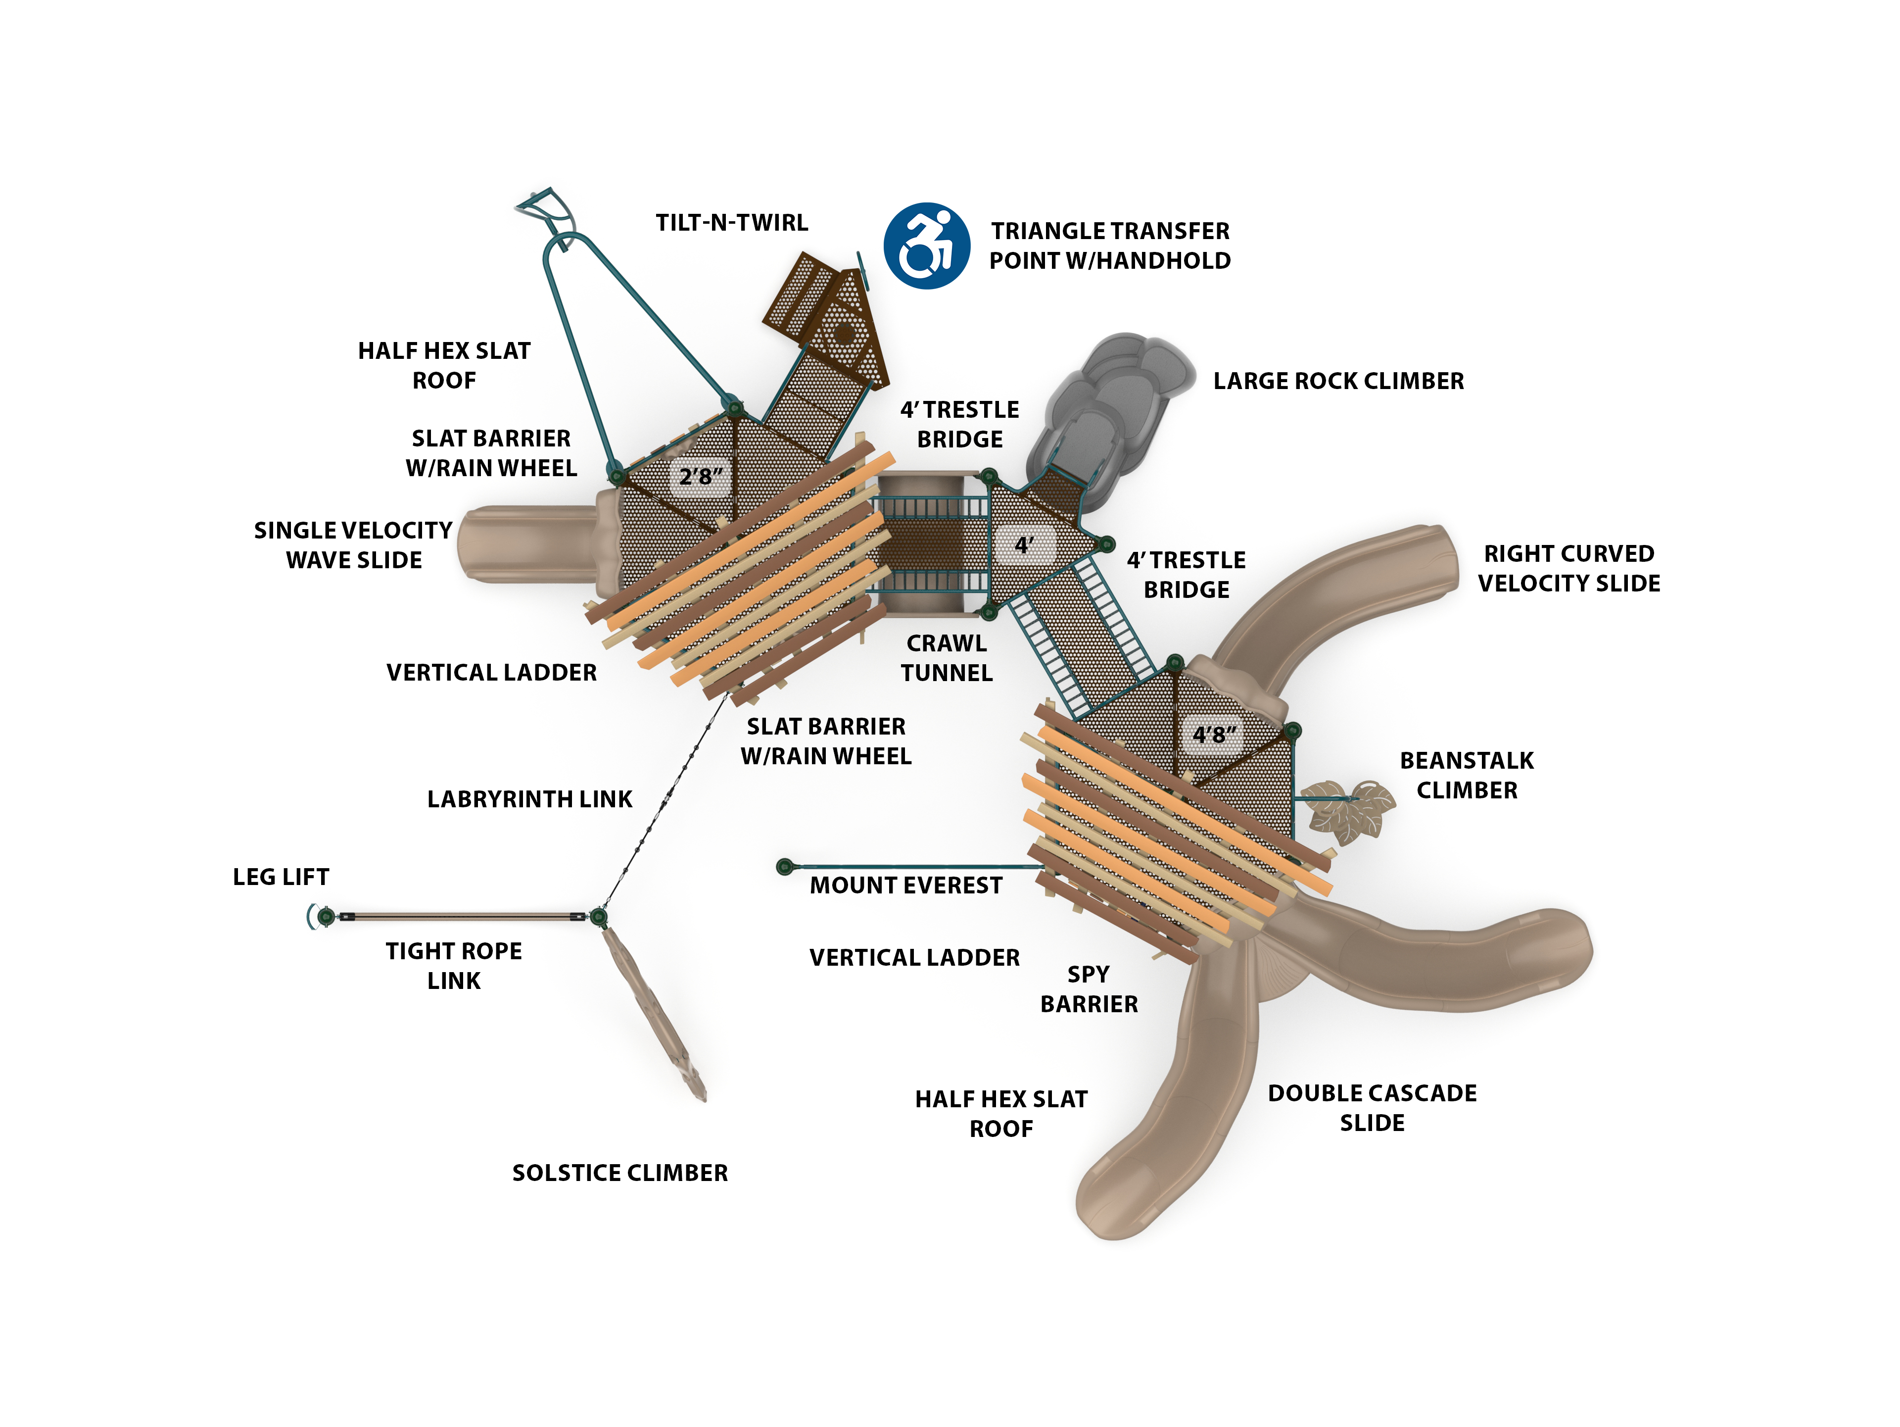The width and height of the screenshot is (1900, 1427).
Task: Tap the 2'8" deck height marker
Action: pyautogui.click(x=701, y=476)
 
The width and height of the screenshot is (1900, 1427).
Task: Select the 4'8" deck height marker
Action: pyautogui.click(x=1214, y=735)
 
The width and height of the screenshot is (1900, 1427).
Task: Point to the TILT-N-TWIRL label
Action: pyautogui.click(x=732, y=223)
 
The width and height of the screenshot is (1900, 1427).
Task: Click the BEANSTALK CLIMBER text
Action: pyautogui.click(x=1466, y=776)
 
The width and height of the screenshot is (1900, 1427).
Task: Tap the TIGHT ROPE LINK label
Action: pyautogui.click(x=454, y=966)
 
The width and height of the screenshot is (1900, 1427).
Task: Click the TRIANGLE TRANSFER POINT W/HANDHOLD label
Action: pyautogui.click(x=1110, y=246)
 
